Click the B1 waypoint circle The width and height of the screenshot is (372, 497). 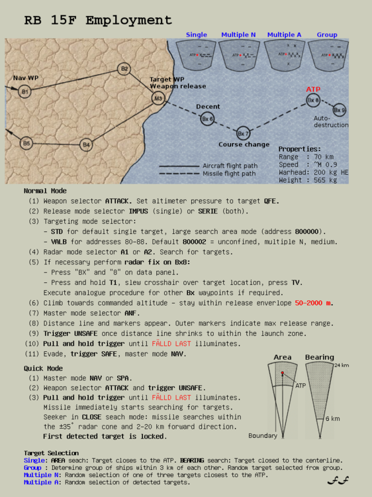click(x=24, y=91)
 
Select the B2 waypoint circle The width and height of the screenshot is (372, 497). click(x=124, y=69)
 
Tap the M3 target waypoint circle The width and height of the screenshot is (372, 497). click(x=158, y=99)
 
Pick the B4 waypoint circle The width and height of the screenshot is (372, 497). click(x=86, y=144)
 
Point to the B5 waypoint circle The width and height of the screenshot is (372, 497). click(x=26, y=142)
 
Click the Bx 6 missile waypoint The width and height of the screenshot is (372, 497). click(x=207, y=119)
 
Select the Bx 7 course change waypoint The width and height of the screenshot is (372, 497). click(x=243, y=133)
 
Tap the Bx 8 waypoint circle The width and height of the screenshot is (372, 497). click(x=313, y=100)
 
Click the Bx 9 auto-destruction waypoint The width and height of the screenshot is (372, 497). click(x=339, y=110)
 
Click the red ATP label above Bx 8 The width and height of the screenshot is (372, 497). click(x=313, y=89)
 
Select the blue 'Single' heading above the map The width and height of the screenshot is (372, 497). click(x=196, y=34)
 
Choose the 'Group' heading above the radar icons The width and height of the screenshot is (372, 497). click(x=326, y=34)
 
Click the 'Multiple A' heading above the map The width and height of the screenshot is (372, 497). click(x=285, y=34)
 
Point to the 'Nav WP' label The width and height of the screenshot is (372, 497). click(x=26, y=78)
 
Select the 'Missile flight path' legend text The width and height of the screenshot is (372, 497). click(x=230, y=174)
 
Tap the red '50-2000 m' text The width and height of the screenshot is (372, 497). click(x=314, y=302)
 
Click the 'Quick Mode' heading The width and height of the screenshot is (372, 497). click(x=43, y=368)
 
